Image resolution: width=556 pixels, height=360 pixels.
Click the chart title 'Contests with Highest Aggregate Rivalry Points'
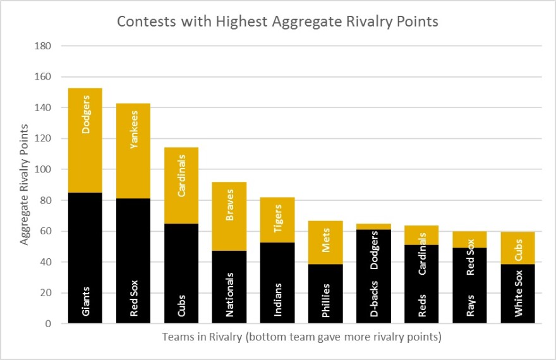[x=277, y=21]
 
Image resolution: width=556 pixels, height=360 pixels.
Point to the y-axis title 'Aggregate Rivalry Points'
[x=24, y=184]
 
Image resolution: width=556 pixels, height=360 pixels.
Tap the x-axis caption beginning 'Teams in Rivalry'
[x=302, y=337]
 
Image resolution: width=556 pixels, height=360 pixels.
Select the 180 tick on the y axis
[x=43, y=45]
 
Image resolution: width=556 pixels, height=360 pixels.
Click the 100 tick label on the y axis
[x=43, y=169]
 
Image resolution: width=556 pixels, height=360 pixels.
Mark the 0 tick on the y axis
[x=48, y=324]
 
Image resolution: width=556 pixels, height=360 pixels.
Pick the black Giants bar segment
[x=85, y=258]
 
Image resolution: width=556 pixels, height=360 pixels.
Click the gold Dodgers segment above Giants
[x=85, y=140]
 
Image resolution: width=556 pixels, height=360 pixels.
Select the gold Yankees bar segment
[x=133, y=151]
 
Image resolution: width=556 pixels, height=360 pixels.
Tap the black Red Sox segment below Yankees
[x=133, y=261]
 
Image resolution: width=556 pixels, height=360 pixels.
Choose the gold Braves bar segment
[x=229, y=216]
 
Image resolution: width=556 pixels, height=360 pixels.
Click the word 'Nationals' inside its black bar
[x=229, y=294]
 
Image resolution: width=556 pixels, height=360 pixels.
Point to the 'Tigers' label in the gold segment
[x=277, y=219]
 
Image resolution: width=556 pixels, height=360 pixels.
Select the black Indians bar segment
[x=277, y=283]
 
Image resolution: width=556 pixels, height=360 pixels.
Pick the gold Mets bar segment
[x=325, y=243]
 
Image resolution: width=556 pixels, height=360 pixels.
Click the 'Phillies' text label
[x=325, y=301]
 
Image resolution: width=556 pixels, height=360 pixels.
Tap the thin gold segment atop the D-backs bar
[x=374, y=227]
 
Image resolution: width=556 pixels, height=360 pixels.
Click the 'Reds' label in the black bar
[x=422, y=306]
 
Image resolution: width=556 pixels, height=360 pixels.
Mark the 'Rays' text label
[x=470, y=306]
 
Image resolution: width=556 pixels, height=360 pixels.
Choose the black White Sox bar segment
[x=517, y=294]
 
